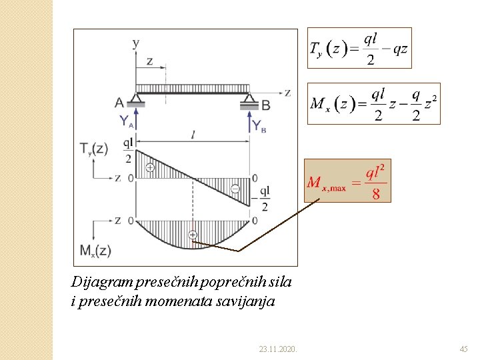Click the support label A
(119, 103)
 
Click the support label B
(267, 104)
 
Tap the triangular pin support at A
(136, 100)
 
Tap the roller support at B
(249, 101)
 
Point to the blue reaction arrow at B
(249, 121)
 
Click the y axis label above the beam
(136, 43)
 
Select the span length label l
(193, 135)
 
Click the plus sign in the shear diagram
(150, 168)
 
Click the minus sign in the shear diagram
(235, 189)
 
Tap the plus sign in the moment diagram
(193, 235)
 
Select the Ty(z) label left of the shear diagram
(93, 149)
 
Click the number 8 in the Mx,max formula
(376, 194)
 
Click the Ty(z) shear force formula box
(359, 48)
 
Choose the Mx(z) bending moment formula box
(373, 104)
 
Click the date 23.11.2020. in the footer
(278, 349)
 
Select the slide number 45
(464, 349)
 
